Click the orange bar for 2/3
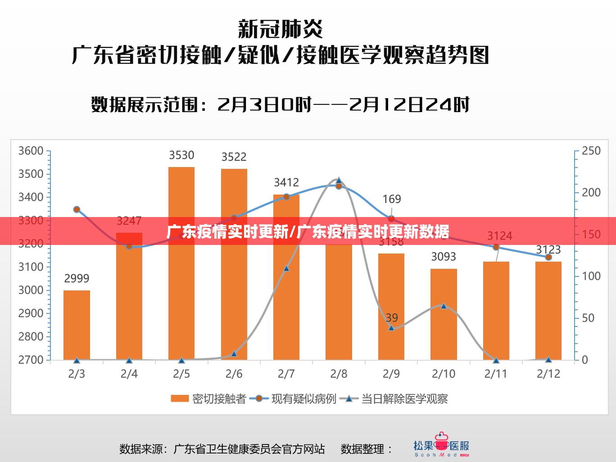pyautogui.click(x=77, y=325)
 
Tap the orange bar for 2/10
pyautogui.click(x=444, y=314)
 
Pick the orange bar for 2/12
pyautogui.click(x=548, y=310)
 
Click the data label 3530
pyautogui.click(x=181, y=155)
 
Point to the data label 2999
pyautogui.click(x=77, y=278)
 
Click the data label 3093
pyautogui.click(x=444, y=257)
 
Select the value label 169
pyautogui.click(x=391, y=199)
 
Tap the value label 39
pyautogui.click(x=392, y=318)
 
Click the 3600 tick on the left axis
pyautogui.click(x=31, y=151)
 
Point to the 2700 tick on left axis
pyautogui.click(x=31, y=360)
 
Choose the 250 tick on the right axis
pyautogui.click(x=591, y=151)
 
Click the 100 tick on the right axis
pyautogui.click(x=591, y=276)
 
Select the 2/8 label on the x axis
pyautogui.click(x=339, y=374)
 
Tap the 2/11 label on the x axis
pyautogui.click(x=496, y=374)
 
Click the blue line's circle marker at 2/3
pyautogui.click(x=77, y=209)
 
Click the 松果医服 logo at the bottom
pyautogui.click(x=441, y=446)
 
